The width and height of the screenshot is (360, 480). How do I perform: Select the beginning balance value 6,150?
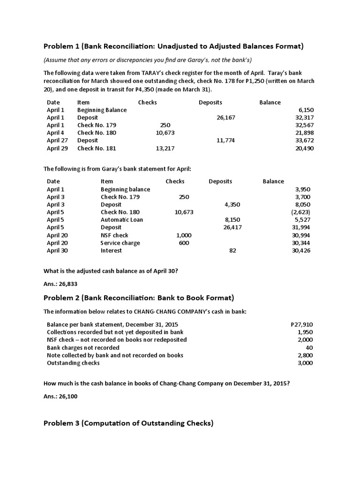point(304,110)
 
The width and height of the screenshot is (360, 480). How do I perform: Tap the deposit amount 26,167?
point(226,118)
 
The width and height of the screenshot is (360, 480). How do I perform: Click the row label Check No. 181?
point(97,148)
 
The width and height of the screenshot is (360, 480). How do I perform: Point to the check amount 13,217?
point(165,148)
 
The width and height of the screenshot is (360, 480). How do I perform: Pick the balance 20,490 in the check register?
point(304,148)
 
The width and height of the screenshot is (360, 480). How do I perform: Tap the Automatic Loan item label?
point(122,220)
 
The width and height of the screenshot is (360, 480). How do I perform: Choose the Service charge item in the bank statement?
point(120,243)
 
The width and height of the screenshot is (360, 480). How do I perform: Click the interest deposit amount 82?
point(232,250)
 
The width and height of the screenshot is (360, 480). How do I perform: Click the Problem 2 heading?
point(139,298)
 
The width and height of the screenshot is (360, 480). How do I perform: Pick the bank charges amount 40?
point(309,347)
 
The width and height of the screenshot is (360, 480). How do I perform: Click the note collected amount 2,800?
point(305,355)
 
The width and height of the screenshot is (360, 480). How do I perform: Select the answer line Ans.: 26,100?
point(60,396)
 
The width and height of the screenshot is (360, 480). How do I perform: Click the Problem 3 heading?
point(128,423)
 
